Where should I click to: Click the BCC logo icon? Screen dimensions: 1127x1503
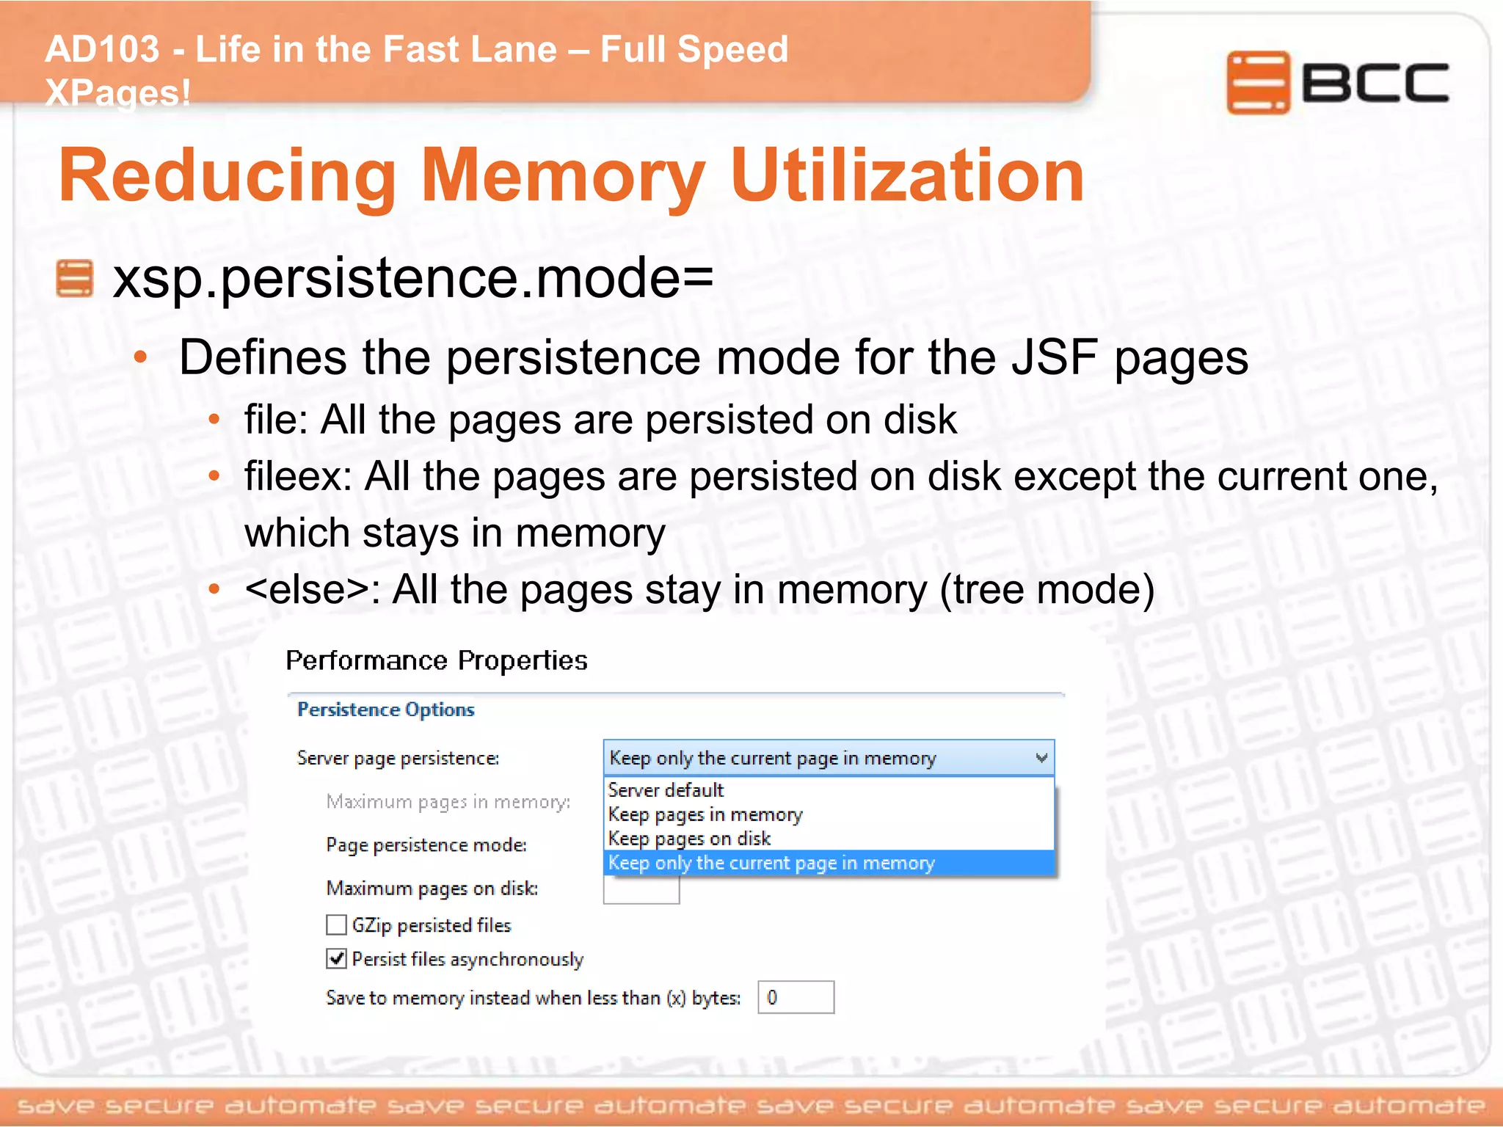1258,82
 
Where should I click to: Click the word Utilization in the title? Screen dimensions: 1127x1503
907,176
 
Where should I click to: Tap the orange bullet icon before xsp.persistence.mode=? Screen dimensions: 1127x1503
75,279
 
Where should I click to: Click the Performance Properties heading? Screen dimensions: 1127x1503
436,660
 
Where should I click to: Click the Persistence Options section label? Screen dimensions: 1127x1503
386,710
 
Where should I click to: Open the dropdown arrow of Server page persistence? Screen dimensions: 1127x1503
1041,758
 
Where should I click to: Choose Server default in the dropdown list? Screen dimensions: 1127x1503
666,790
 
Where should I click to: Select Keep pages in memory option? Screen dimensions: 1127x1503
705,814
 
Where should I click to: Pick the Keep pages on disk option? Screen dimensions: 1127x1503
689,839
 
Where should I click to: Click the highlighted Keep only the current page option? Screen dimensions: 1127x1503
771,863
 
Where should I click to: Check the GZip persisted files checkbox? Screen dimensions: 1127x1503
336,924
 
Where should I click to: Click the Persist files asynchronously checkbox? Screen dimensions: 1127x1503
336,958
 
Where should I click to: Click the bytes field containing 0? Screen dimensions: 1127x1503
796,997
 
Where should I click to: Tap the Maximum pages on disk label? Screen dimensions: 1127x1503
432,889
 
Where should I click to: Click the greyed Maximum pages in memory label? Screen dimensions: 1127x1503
448,802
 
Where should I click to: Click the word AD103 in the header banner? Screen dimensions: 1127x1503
102,50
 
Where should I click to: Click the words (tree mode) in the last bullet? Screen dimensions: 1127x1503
1047,590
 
